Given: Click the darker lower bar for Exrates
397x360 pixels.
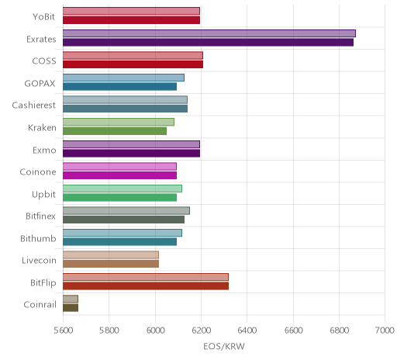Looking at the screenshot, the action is click(x=208, y=43).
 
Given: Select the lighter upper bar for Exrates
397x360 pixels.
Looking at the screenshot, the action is click(x=209, y=33).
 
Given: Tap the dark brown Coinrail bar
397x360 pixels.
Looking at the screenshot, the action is click(x=71, y=308).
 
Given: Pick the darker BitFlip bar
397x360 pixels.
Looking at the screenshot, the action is click(x=146, y=286).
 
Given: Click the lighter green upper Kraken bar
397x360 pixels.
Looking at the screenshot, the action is click(x=119, y=122).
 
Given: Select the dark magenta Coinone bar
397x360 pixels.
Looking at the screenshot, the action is click(x=119, y=175).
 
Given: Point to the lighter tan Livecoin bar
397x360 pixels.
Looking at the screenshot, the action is click(x=111, y=254).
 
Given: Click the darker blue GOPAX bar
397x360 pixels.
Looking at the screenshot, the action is click(x=119, y=87).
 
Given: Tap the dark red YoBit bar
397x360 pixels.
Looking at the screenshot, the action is click(x=131, y=20).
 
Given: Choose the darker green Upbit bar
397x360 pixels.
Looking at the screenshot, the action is click(x=119, y=197).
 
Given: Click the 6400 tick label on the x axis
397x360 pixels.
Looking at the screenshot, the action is click(x=247, y=331).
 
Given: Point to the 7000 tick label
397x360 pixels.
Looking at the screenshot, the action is click(x=385, y=331).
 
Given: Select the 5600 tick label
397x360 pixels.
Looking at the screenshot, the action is click(x=63, y=331).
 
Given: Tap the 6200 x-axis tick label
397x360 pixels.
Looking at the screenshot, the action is click(x=201, y=331).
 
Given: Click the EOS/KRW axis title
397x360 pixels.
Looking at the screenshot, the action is click(x=224, y=346).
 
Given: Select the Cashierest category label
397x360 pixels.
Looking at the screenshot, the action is click(x=34, y=106).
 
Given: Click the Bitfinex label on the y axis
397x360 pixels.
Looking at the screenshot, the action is click(x=40, y=216).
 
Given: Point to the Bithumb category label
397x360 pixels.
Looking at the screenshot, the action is click(x=38, y=238).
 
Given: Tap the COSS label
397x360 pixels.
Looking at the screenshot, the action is click(x=44, y=61).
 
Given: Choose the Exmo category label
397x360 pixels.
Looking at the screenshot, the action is click(x=44, y=150).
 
